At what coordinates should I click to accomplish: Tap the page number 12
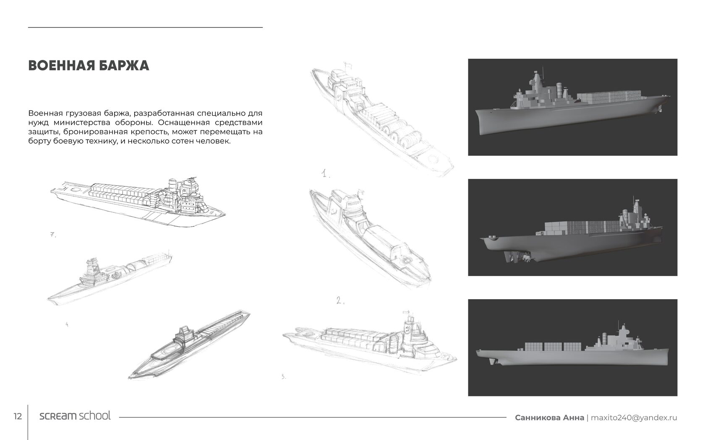(x=18, y=417)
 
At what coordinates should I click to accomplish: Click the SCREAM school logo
(x=75, y=416)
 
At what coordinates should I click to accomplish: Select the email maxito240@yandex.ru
(x=634, y=417)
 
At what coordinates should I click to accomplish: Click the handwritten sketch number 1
(x=326, y=174)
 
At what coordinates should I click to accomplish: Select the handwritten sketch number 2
(x=340, y=300)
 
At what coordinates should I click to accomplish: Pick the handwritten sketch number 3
(x=284, y=376)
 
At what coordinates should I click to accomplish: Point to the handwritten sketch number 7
(x=52, y=235)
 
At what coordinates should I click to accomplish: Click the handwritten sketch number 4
(x=67, y=324)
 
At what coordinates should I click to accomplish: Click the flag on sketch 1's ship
(x=347, y=66)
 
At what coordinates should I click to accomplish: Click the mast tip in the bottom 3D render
(x=620, y=322)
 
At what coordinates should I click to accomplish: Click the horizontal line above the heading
(x=145, y=27)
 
